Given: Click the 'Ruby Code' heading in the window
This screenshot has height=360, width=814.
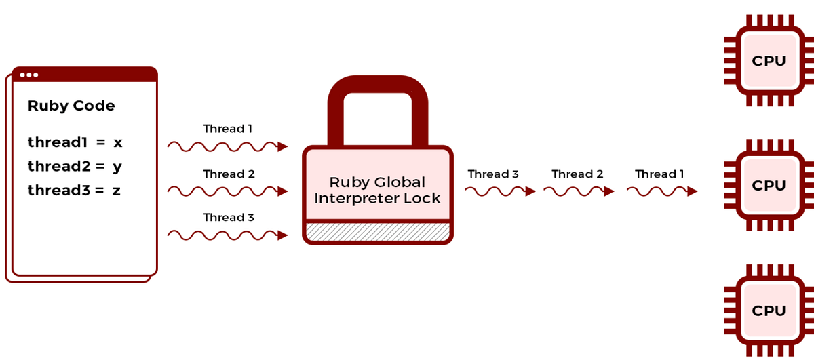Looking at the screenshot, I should pyautogui.click(x=71, y=106).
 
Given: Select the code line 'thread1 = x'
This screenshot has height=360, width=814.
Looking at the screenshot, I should pyautogui.click(x=75, y=142).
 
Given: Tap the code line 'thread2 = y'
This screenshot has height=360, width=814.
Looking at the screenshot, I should pyautogui.click(x=75, y=166).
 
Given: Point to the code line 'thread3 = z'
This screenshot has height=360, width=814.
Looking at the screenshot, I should pyautogui.click(x=74, y=191).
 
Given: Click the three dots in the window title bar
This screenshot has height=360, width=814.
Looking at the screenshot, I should pyautogui.click(x=29, y=75).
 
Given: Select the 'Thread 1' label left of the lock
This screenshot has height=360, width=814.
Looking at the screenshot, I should pyautogui.click(x=228, y=129).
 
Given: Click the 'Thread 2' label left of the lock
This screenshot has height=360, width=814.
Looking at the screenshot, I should pyautogui.click(x=229, y=174).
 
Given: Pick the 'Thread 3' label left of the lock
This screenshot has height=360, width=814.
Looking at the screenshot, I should pyautogui.click(x=229, y=218).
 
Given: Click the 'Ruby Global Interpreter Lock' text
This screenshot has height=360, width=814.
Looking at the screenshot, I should pyautogui.click(x=378, y=191).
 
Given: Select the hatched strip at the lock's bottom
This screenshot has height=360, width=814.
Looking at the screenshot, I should pyautogui.click(x=378, y=232).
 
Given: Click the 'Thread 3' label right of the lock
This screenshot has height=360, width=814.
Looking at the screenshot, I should pyautogui.click(x=493, y=174).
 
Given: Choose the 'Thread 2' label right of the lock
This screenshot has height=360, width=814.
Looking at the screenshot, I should pyautogui.click(x=577, y=174).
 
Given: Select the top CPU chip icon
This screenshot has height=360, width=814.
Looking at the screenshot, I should pyautogui.click(x=769, y=61).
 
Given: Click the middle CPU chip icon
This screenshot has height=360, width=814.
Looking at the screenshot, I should pyautogui.click(x=769, y=185).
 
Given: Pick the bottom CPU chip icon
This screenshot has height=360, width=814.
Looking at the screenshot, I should pyautogui.click(x=769, y=311).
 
